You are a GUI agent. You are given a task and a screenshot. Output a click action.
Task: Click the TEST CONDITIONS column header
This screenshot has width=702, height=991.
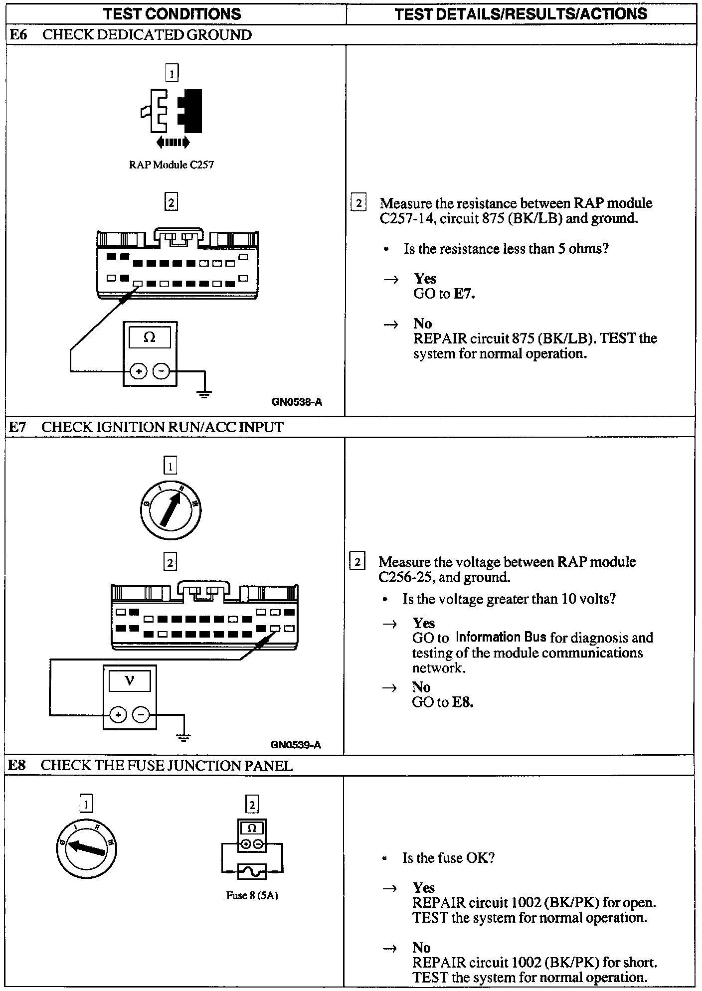point(172,13)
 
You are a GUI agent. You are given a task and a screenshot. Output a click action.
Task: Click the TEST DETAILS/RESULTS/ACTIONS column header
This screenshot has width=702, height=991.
point(521,13)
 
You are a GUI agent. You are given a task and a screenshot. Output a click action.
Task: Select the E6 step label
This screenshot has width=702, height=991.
point(18,35)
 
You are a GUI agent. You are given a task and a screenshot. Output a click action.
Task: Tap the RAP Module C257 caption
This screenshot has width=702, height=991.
point(171,165)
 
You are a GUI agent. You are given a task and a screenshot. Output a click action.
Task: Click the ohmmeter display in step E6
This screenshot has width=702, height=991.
point(150,338)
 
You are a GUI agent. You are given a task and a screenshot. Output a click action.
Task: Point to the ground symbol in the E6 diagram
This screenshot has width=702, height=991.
point(204,394)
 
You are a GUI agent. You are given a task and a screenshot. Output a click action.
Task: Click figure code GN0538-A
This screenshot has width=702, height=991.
point(297,402)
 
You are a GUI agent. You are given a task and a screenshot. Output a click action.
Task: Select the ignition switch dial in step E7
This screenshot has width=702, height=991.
point(171,510)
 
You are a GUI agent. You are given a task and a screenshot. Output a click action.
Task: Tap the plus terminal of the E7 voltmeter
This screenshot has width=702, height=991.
point(118,715)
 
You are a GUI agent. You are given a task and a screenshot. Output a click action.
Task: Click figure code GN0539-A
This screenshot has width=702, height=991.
point(296,745)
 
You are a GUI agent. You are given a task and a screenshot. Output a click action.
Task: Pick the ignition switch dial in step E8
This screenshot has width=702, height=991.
point(86,847)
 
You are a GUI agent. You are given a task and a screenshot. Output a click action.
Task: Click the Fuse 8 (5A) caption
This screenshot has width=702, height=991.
point(252,895)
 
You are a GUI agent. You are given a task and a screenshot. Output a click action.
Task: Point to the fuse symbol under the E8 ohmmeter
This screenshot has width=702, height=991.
point(252,871)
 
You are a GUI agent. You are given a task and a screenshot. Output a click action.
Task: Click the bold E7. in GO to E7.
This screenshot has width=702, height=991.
point(464,294)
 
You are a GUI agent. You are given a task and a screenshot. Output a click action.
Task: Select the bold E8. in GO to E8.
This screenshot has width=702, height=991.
point(462,702)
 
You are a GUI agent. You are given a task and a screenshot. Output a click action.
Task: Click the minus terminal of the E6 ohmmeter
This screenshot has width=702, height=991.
point(161,371)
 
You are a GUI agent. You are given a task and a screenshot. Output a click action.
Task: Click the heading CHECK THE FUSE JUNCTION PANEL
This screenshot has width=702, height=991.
point(167,766)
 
